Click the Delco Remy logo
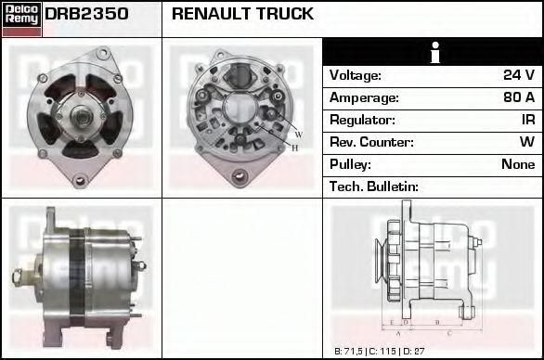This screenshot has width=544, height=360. tap(21, 18)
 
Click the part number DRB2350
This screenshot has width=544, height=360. tap(86, 15)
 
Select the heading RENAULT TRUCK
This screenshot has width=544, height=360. tap(242, 15)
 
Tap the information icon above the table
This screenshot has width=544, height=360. tap(433, 53)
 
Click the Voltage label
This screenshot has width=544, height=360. tap(356, 75)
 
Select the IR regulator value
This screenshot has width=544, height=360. tap(526, 120)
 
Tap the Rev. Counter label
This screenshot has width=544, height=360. tap(371, 142)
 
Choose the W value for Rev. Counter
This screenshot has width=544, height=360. tap(526, 142)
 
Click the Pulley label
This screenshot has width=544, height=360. tap(351, 164)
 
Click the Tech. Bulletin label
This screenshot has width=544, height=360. tap(374, 186)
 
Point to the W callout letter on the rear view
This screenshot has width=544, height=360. tap(299, 135)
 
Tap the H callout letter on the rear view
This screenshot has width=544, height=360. tap(295, 148)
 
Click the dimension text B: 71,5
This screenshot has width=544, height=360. tap(352, 352)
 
